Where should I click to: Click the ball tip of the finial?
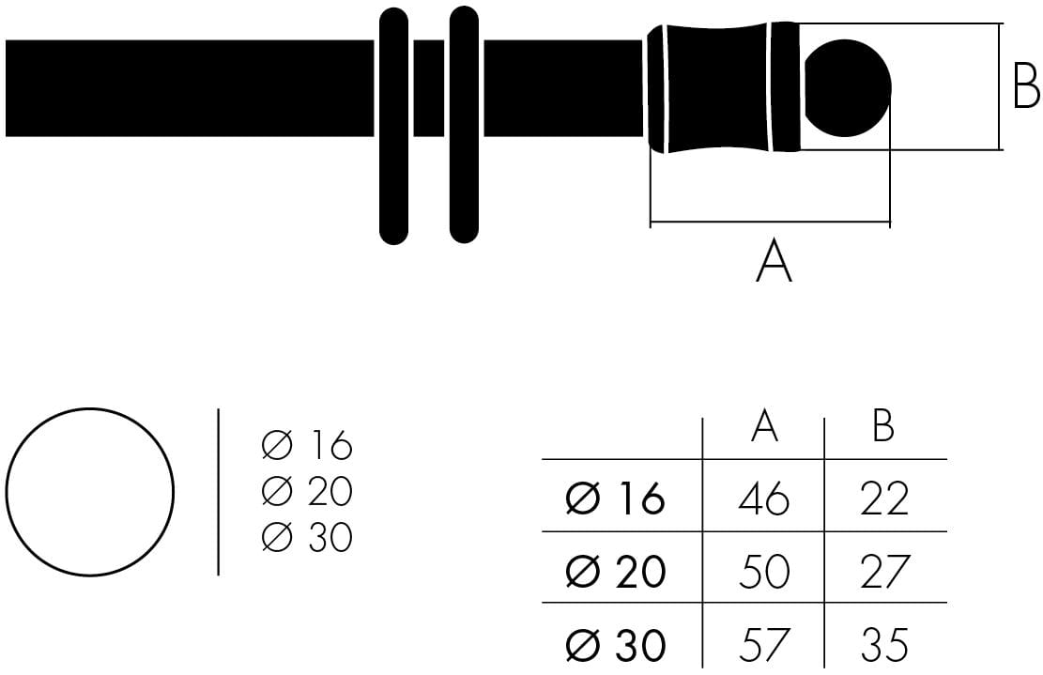[848, 88]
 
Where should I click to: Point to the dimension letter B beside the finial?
[1026, 89]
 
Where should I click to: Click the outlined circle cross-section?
[90, 492]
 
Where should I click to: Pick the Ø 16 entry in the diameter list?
[307, 446]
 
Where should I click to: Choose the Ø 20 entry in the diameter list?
[307, 491]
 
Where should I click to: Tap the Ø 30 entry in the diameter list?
[307, 537]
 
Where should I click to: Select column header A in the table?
[764, 426]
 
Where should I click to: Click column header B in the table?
[882, 426]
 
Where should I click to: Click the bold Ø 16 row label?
[615, 499]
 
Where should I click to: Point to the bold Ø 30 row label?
[615, 645]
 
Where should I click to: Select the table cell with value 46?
[764, 499]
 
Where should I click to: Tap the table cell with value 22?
[884, 499]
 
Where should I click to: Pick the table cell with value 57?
[764, 645]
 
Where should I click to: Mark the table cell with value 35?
[884, 645]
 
